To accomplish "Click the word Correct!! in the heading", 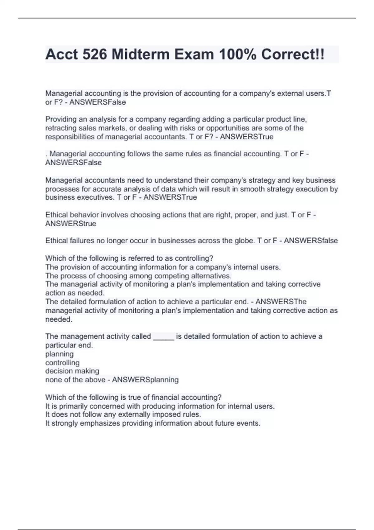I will (293, 55).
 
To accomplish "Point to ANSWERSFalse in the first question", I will (98, 102).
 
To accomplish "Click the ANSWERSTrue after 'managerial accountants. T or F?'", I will (247, 137).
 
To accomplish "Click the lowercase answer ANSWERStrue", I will (71, 224).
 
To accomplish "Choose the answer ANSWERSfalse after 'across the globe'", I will (311, 241).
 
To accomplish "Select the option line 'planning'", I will (60, 354).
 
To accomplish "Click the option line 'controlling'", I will (62, 363).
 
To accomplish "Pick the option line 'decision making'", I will (72, 371).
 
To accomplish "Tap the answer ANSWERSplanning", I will (145, 380).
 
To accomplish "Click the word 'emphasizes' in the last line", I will (100, 423).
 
